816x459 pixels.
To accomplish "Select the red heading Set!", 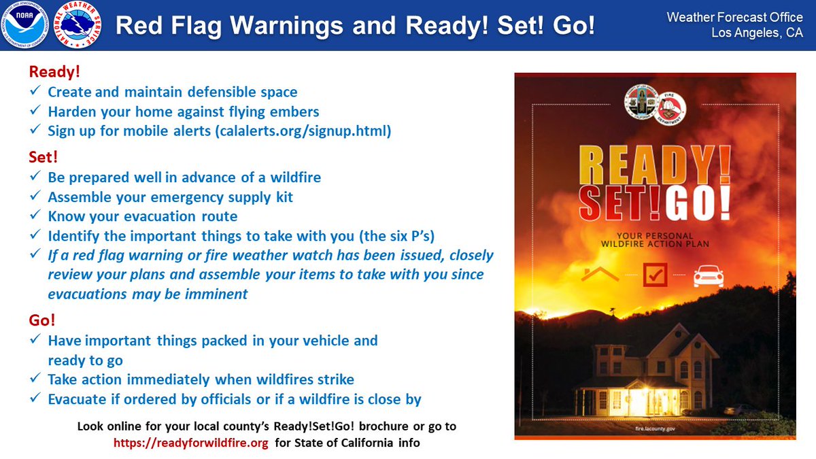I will (x=44, y=157).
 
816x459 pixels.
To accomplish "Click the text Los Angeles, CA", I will (x=757, y=33).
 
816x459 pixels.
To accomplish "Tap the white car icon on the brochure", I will (x=708, y=276).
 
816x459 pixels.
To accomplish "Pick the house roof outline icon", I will (x=600, y=275).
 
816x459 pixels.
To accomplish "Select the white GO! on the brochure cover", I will (x=700, y=202).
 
